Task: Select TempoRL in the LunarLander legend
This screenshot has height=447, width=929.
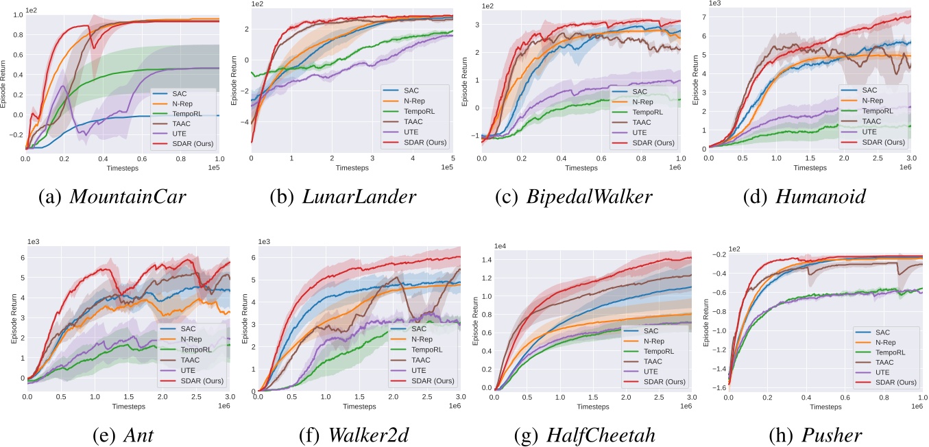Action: [418, 110]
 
